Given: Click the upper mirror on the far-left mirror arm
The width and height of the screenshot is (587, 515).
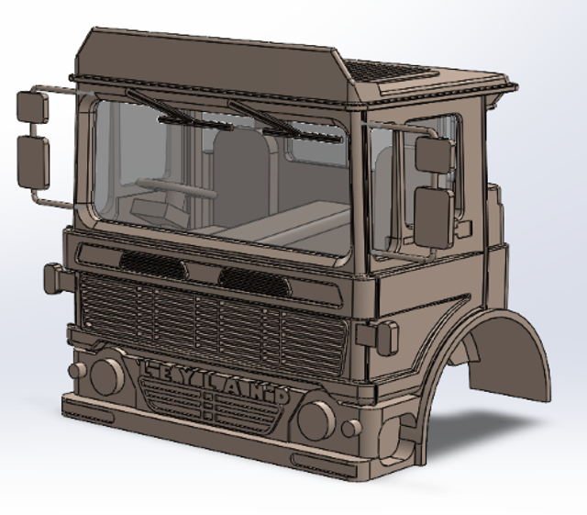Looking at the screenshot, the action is pos(33,106).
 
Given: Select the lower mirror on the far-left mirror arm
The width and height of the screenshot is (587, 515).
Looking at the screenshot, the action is pos(33,162).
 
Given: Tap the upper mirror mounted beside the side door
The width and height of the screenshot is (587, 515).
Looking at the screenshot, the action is pos(434,155).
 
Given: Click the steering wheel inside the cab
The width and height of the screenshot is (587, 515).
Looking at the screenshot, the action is pos(176,188).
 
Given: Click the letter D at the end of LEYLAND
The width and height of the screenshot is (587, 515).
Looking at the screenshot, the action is pos(282,397).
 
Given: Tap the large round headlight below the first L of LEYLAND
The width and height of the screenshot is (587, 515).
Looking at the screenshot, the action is pos(106,376).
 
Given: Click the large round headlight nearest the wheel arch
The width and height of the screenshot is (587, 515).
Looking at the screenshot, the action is pos(316,420).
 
